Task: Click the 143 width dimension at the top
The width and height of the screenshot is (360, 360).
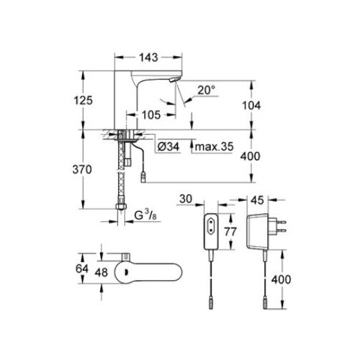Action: (148, 58)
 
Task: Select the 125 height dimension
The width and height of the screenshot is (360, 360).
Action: (83, 100)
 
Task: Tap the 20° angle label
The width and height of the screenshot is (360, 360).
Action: (207, 90)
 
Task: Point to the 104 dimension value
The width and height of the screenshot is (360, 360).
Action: (251, 106)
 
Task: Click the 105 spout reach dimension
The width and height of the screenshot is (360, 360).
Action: (151, 115)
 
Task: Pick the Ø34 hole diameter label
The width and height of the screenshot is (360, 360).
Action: (168, 146)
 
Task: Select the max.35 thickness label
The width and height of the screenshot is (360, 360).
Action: (214, 146)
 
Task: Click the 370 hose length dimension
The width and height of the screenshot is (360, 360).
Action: (82, 170)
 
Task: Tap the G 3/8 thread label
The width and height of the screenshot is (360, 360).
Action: (145, 215)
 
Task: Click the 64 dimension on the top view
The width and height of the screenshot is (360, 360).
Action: (82, 269)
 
